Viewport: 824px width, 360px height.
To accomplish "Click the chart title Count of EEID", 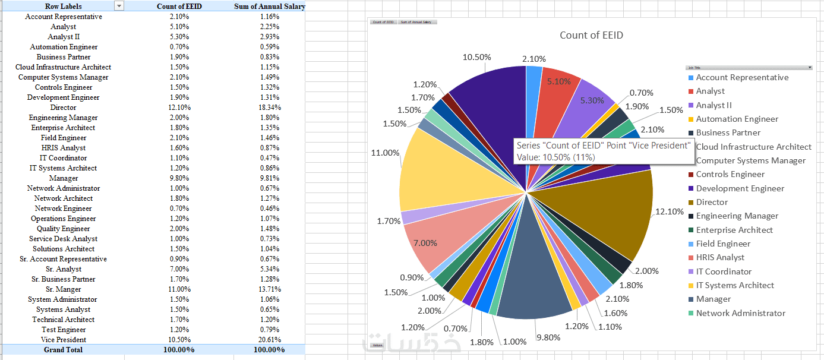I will (591, 35).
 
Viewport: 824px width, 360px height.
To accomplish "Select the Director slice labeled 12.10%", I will (606, 220).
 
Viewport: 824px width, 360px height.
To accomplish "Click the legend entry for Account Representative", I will (742, 78).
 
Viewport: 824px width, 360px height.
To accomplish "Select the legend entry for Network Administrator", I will (740, 314).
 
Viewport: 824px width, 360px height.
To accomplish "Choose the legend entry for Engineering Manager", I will (737, 216).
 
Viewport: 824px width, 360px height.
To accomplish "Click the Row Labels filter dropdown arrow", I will (119, 6).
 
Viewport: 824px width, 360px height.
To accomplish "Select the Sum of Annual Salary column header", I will (269, 7).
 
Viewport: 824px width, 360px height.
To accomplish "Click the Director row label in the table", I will (63, 108).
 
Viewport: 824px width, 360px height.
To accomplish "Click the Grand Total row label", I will (63, 350).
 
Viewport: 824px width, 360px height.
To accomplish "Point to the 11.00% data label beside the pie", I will (385, 153).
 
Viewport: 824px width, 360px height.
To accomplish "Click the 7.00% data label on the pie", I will (425, 243).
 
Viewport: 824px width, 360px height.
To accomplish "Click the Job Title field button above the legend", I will (749, 68).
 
